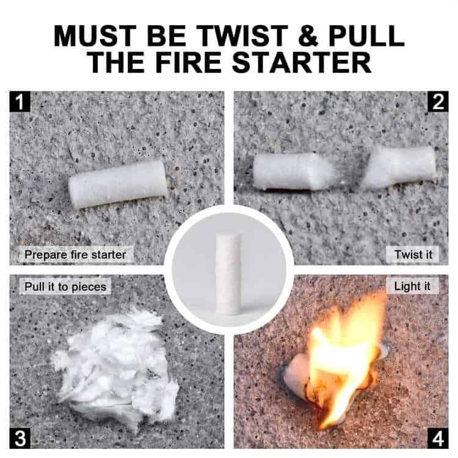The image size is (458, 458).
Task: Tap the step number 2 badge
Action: click(x=437, y=101)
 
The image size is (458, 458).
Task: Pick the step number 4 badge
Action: click(x=437, y=438)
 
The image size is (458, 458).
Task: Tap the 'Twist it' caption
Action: click(x=412, y=254)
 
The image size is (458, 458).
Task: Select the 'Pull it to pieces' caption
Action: click(x=65, y=286)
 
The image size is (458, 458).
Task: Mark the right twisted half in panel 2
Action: click(x=400, y=167)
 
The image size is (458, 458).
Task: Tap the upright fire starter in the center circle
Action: click(x=229, y=274)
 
